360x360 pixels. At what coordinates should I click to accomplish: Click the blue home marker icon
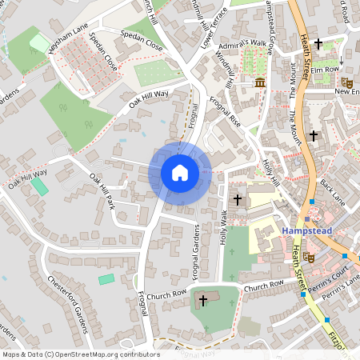(180, 173)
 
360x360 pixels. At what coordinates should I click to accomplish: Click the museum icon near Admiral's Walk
(260, 83)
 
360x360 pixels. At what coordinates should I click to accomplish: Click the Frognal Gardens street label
(196, 248)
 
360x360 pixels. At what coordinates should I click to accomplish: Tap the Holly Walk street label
(224, 227)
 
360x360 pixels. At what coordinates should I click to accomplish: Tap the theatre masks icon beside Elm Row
(346, 82)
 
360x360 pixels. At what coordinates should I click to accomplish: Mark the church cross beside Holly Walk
(237, 198)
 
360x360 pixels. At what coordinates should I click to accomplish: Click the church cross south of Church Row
(202, 301)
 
